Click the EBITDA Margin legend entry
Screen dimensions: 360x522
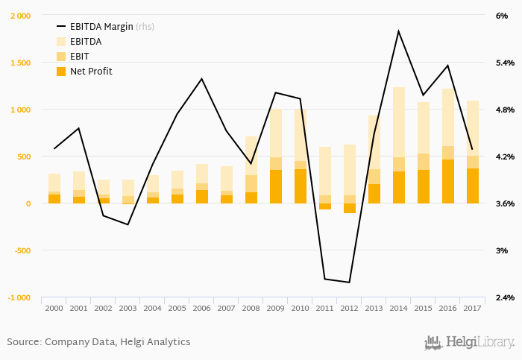coord(101,26)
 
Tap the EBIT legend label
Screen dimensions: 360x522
coord(81,56)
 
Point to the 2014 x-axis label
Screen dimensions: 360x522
coord(398,308)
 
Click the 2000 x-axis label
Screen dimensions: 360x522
coord(54,308)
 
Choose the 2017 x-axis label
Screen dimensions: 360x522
coord(472,308)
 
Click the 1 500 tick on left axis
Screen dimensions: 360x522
coord(20,63)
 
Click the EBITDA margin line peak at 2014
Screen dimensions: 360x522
coord(398,31)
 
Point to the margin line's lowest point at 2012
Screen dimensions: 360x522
coord(349,282)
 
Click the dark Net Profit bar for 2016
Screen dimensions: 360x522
coord(447,181)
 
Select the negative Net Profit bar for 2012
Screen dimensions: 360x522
coord(349,208)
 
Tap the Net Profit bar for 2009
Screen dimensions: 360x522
coord(275,186)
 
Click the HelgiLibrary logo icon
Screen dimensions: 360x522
coord(433,342)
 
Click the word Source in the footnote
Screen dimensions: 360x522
coord(23,342)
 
